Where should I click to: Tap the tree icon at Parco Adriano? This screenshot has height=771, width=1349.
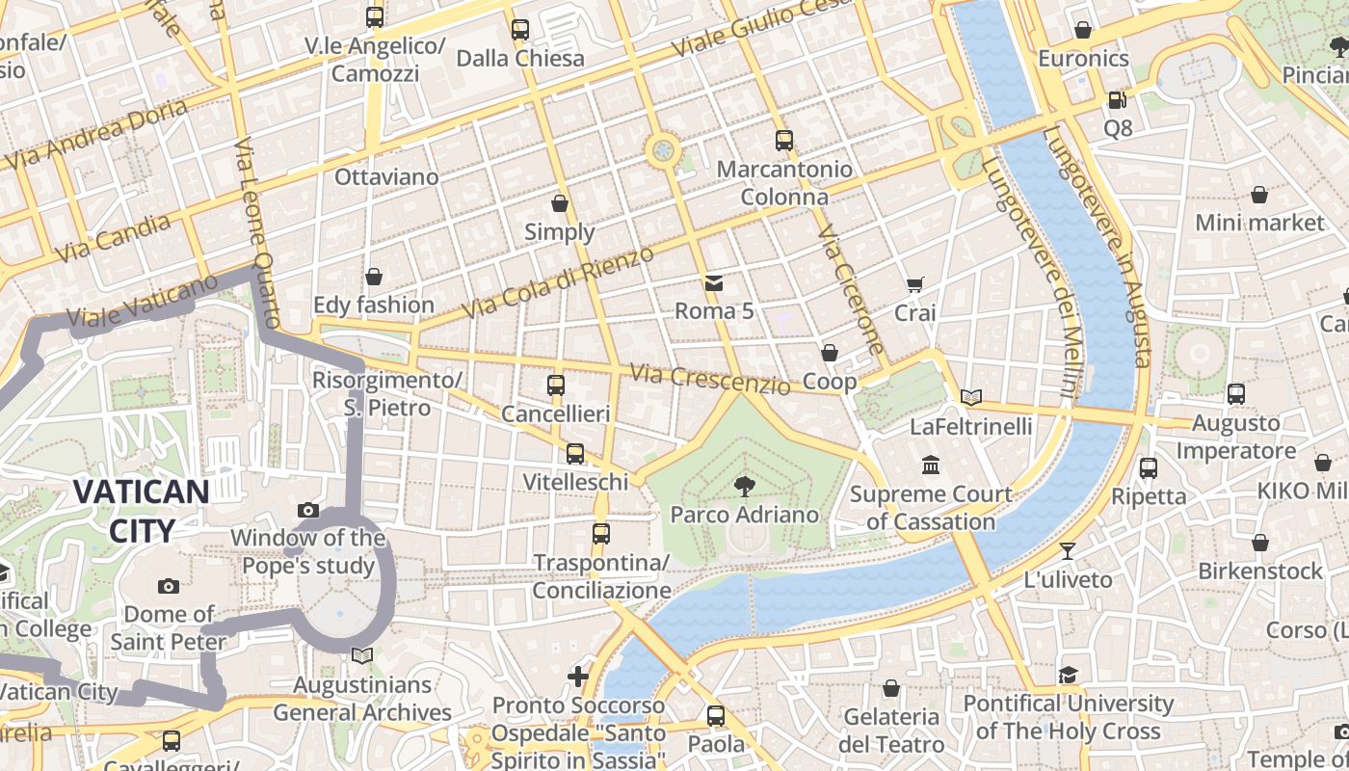point(744,486)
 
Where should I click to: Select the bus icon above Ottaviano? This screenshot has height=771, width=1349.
point(375,17)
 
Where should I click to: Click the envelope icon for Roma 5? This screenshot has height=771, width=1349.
point(713,283)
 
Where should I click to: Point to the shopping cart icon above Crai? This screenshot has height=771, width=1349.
point(914,284)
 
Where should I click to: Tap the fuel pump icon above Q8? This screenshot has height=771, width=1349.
point(1117,99)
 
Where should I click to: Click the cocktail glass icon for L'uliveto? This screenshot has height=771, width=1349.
point(1068,551)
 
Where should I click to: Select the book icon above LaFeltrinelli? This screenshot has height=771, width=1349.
point(971,397)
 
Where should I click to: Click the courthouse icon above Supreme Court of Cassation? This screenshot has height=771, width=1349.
point(931,465)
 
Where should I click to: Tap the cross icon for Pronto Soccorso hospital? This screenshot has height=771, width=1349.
point(578,677)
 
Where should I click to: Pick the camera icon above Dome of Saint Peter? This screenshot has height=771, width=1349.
point(169,586)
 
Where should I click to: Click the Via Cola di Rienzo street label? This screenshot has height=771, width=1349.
point(558,282)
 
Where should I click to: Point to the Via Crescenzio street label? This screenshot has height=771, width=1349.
point(709,379)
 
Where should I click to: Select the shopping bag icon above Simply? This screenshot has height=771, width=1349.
point(560,203)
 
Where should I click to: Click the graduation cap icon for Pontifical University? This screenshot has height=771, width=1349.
point(1068,675)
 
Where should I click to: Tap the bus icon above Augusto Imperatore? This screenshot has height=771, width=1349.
point(1236,393)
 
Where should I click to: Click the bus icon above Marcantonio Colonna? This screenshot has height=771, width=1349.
point(784,141)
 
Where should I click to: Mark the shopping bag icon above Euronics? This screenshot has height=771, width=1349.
point(1083,30)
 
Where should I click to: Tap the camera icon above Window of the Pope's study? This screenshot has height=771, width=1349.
point(308,510)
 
